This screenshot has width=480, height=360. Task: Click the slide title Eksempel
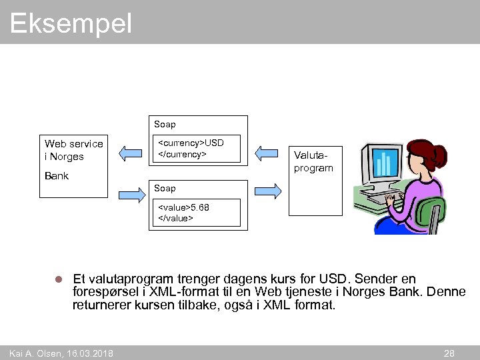(x=71, y=24)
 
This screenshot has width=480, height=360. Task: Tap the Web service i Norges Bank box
(x=73, y=163)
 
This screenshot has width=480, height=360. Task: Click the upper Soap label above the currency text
(x=165, y=125)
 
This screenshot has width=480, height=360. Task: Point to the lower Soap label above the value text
(x=165, y=189)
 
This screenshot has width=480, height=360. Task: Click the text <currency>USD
(x=190, y=143)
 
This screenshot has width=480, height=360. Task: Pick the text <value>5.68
(x=183, y=207)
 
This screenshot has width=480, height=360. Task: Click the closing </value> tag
(x=175, y=218)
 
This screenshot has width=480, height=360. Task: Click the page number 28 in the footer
(x=449, y=353)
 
